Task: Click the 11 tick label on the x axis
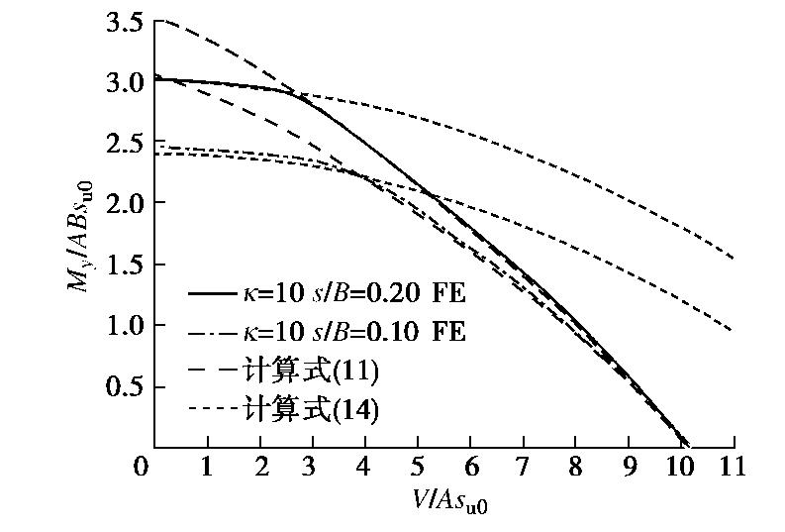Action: point(734,467)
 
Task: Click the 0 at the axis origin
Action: point(146,467)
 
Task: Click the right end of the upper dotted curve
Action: point(734,259)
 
